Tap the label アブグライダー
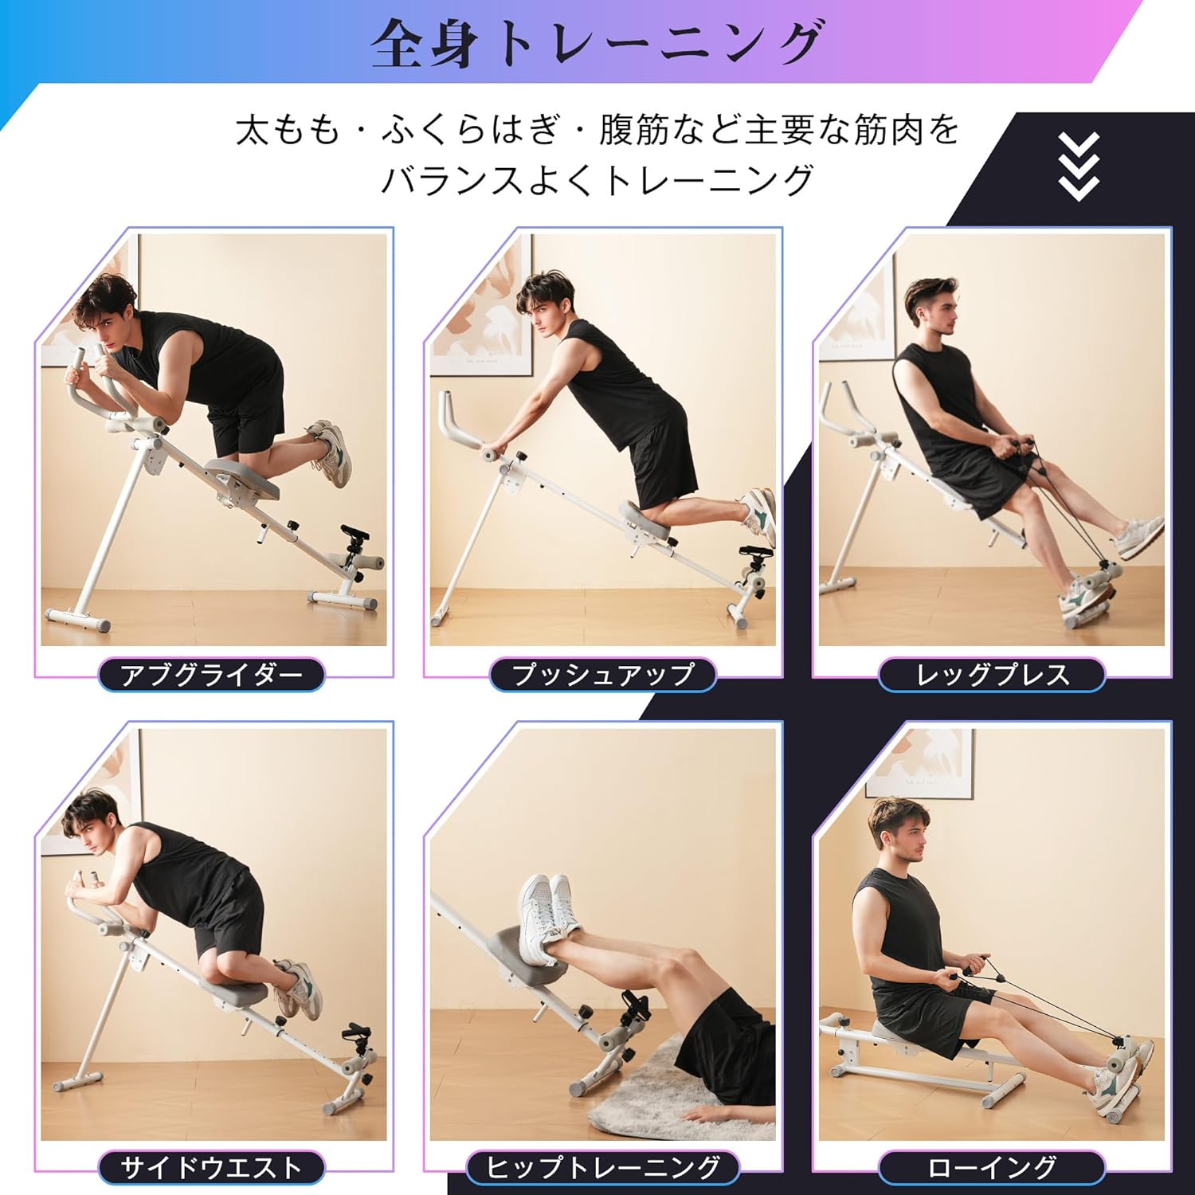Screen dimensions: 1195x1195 [211, 675]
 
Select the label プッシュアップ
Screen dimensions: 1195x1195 [602, 675]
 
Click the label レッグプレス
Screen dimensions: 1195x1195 [992, 675]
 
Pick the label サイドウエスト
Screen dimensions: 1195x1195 [211, 1168]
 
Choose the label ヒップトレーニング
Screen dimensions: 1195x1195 [602, 1168]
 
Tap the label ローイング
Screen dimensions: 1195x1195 [992, 1168]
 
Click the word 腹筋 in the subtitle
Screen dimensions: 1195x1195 [634, 130]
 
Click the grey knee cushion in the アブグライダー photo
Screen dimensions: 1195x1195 [242, 478]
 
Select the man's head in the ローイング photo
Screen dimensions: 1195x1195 [898, 829]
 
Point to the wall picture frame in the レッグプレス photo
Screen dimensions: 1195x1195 [860, 319]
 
